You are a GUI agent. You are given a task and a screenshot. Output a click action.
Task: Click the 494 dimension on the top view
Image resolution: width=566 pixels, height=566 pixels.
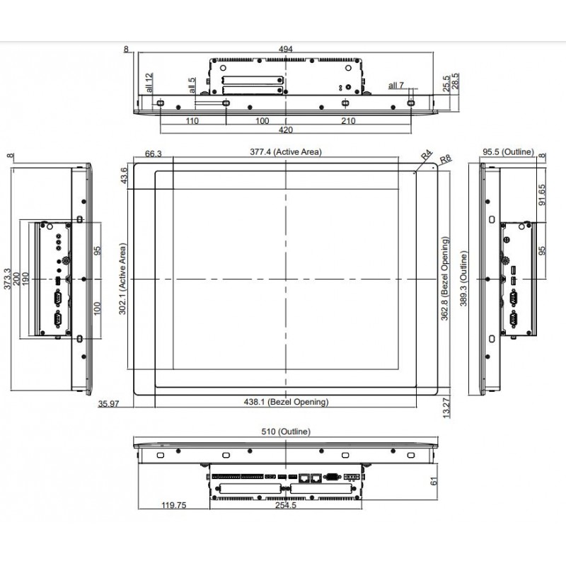pos(286,49)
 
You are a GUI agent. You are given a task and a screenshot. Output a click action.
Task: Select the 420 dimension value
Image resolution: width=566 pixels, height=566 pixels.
pos(286,131)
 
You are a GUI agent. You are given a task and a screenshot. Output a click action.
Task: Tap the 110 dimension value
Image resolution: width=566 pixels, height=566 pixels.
pos(192,121)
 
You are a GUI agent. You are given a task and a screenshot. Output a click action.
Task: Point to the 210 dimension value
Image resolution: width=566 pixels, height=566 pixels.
pos(348,121)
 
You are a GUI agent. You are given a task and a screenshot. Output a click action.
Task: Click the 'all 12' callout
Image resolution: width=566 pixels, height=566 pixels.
pos(149,83)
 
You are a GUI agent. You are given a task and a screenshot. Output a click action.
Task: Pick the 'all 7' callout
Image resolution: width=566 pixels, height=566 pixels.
pos(396,86)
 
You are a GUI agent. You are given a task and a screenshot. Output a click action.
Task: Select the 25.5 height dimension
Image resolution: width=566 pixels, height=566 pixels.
pos(445,84)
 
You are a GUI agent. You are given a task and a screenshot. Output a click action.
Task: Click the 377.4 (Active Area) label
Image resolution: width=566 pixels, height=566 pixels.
pos(286,151)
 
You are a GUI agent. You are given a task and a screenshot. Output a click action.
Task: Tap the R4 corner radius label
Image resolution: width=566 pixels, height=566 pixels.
pos(426,155)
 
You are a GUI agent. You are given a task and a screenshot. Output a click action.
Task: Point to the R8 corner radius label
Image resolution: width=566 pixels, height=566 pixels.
pos(445,160)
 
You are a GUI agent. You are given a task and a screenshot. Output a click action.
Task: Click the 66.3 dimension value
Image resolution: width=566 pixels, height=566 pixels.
pos(154,153)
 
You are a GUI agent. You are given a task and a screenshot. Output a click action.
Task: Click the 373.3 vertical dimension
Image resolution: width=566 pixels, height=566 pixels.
pos(8,280)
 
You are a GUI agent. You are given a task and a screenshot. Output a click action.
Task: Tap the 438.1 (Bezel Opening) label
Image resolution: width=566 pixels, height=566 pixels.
pos(286,402)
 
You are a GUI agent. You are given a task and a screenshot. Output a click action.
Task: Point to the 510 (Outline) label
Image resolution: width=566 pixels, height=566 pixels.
pos(286,431)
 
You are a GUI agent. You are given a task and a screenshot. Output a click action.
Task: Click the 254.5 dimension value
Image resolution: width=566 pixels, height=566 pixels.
pos(287,505)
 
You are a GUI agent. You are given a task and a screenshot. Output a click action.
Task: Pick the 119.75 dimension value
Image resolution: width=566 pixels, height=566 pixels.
pos(173,505)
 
